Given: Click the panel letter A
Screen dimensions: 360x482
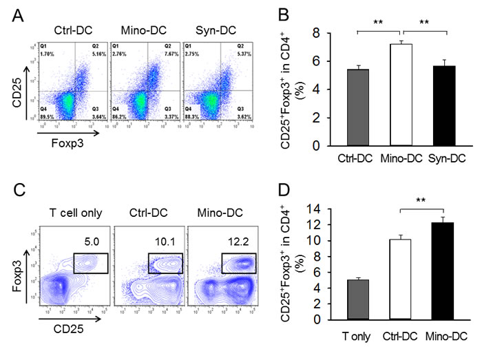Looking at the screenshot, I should pyautogui.click(x=12, y=14).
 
